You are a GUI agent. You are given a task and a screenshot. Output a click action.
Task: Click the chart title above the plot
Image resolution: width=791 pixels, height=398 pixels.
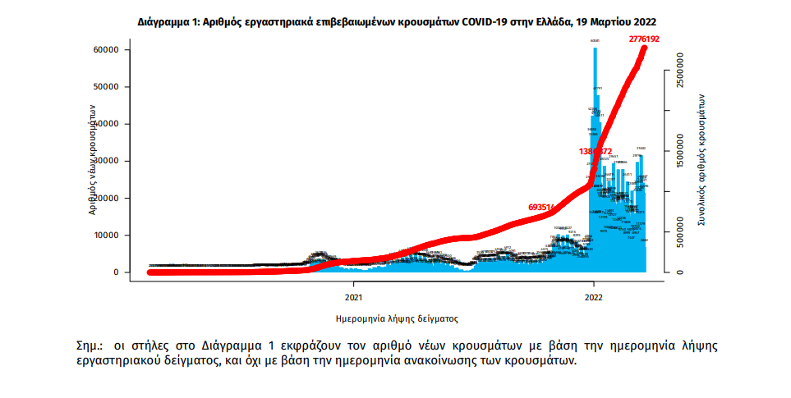[396, 20]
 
